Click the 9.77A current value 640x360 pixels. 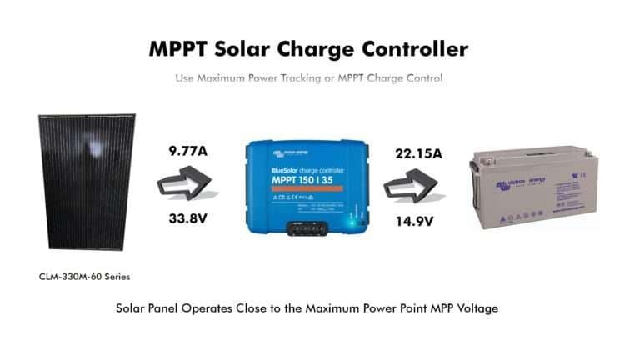190,153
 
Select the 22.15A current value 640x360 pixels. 422,153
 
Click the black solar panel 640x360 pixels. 85,182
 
